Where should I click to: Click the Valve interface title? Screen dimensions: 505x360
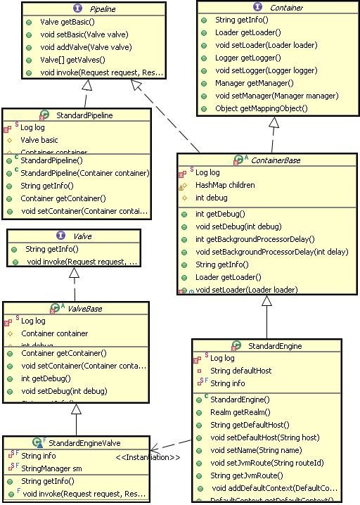(x=83, y=236)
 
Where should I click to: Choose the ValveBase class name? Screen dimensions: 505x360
(x=82, y=308)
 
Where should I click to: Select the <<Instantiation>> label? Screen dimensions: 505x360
(x=148, y=458)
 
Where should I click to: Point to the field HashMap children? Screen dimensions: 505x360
(x=225, y=185)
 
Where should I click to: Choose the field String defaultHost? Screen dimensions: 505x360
(x=241, y=371)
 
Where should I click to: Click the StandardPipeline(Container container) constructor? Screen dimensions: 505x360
(x=85, y=172)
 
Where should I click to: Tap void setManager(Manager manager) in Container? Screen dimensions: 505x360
(x=266, y=96)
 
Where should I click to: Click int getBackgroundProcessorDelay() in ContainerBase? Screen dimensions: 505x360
(x=255, y=239)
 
